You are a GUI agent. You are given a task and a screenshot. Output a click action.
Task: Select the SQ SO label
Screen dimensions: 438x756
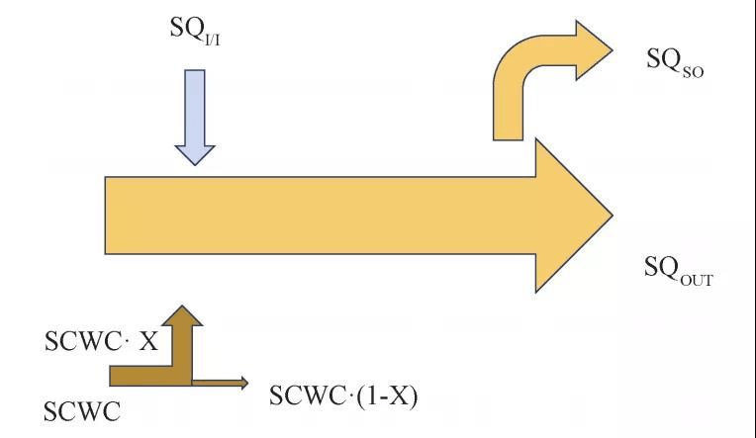coord(675,61)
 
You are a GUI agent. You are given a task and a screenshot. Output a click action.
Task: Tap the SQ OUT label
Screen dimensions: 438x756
coord(678,270)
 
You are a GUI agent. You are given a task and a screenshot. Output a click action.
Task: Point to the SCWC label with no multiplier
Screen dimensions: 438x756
coord(83,410)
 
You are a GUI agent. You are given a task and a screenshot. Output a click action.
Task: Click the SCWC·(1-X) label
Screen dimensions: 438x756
coord(343,396)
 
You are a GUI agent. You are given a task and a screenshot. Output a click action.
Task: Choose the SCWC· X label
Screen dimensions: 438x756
coord(101,342)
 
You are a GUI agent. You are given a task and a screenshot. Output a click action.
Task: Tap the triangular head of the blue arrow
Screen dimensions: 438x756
coord(195,153)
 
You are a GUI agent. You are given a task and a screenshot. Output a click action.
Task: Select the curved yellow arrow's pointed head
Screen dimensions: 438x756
coord(594,49)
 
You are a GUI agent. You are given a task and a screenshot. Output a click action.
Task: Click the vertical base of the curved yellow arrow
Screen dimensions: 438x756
coord(509,114)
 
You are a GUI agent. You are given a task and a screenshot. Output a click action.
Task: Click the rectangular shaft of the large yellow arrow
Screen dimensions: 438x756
coord(317,216)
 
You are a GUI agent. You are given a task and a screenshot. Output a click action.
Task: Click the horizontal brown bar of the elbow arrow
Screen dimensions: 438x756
coord(139,375)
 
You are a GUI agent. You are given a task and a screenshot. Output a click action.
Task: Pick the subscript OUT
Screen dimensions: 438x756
coord(696,279)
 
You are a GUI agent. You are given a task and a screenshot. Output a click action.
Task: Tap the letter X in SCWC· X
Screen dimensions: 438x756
coord(147,342)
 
